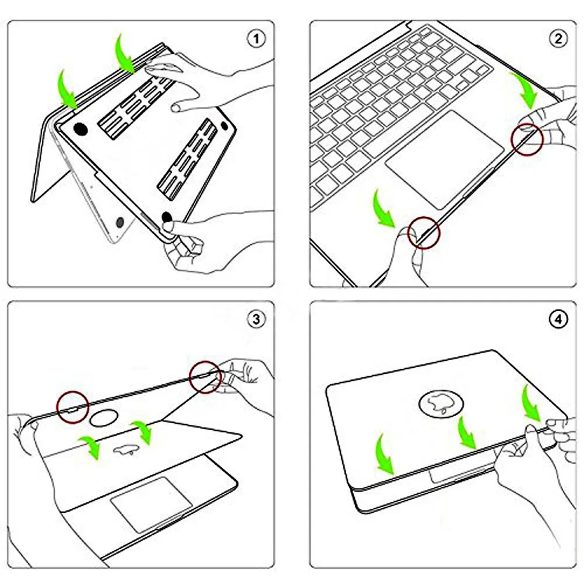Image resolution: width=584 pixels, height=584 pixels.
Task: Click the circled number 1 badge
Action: point(256,39)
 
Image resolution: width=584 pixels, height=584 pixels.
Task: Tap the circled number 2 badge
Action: point(558,39)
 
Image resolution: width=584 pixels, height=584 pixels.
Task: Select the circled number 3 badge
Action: point(256,319)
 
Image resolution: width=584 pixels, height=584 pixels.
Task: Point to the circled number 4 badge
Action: point(558,319)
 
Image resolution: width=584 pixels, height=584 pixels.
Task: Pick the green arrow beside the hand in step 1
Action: point(125,54)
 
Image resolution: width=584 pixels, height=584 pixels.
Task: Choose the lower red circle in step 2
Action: point(424,233)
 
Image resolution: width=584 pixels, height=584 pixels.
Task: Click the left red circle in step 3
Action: point(72,407)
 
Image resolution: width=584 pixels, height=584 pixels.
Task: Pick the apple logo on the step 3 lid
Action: point(126,449)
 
